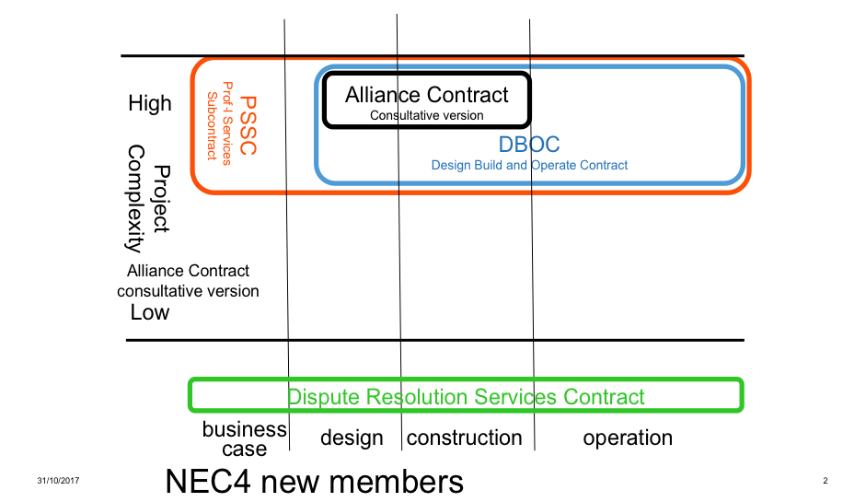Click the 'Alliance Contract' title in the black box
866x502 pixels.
pos(426,95)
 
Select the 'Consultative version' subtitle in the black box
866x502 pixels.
pos(426,115)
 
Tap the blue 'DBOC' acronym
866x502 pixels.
pos(529,145)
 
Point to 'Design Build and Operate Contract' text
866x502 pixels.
pos(529,165)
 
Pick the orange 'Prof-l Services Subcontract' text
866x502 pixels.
pos(219,125)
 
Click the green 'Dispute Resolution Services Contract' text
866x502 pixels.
pos(466,397)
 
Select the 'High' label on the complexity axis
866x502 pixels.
pos(149,103)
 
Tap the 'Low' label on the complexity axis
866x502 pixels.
pos(149,312)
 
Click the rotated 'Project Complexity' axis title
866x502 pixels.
pos(148,198)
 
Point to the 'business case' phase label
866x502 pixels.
pos(244,439)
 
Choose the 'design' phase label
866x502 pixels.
pos(352,438)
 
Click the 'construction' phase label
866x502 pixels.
pos(464,438)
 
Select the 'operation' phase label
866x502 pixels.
pos(628,438)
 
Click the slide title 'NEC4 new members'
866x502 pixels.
pos(314,481)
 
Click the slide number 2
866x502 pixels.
pos(826,482)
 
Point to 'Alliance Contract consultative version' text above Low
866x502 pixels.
pos(188,281)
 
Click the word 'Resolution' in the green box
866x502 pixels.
pos(416,397)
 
